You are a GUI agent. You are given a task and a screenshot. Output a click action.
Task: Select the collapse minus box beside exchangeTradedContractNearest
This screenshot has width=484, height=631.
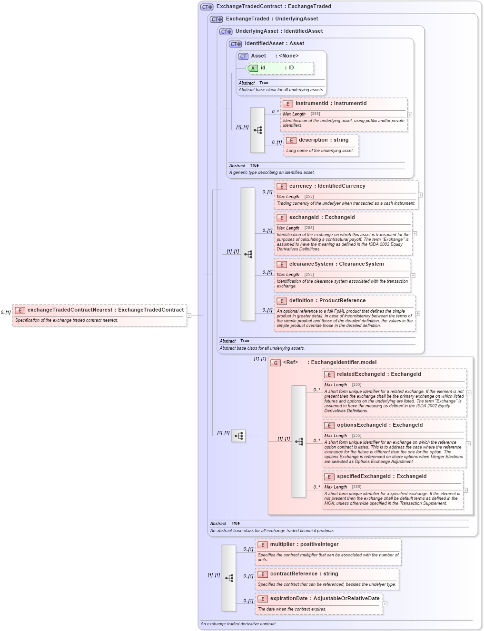[189, 315]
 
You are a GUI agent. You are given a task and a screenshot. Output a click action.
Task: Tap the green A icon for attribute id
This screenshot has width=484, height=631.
[253, 68]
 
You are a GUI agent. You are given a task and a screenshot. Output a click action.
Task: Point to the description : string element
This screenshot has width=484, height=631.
[323, 140]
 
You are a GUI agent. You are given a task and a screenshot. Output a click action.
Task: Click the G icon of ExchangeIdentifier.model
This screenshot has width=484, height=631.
[276, 363]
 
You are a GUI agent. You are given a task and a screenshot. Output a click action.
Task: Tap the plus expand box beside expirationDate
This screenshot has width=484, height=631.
[385, 604]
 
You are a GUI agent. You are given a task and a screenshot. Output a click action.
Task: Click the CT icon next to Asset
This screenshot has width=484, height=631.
[243, 56]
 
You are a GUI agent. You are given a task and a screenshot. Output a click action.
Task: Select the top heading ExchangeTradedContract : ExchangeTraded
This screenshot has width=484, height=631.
[273, 7]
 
